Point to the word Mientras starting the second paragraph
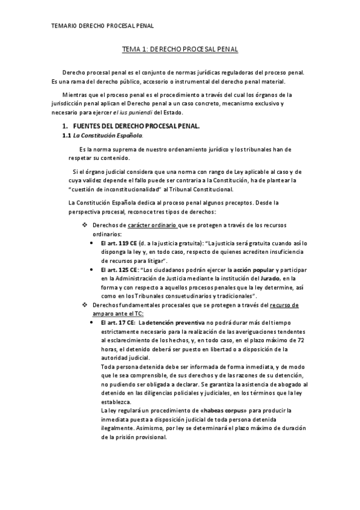tap(76, 95)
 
